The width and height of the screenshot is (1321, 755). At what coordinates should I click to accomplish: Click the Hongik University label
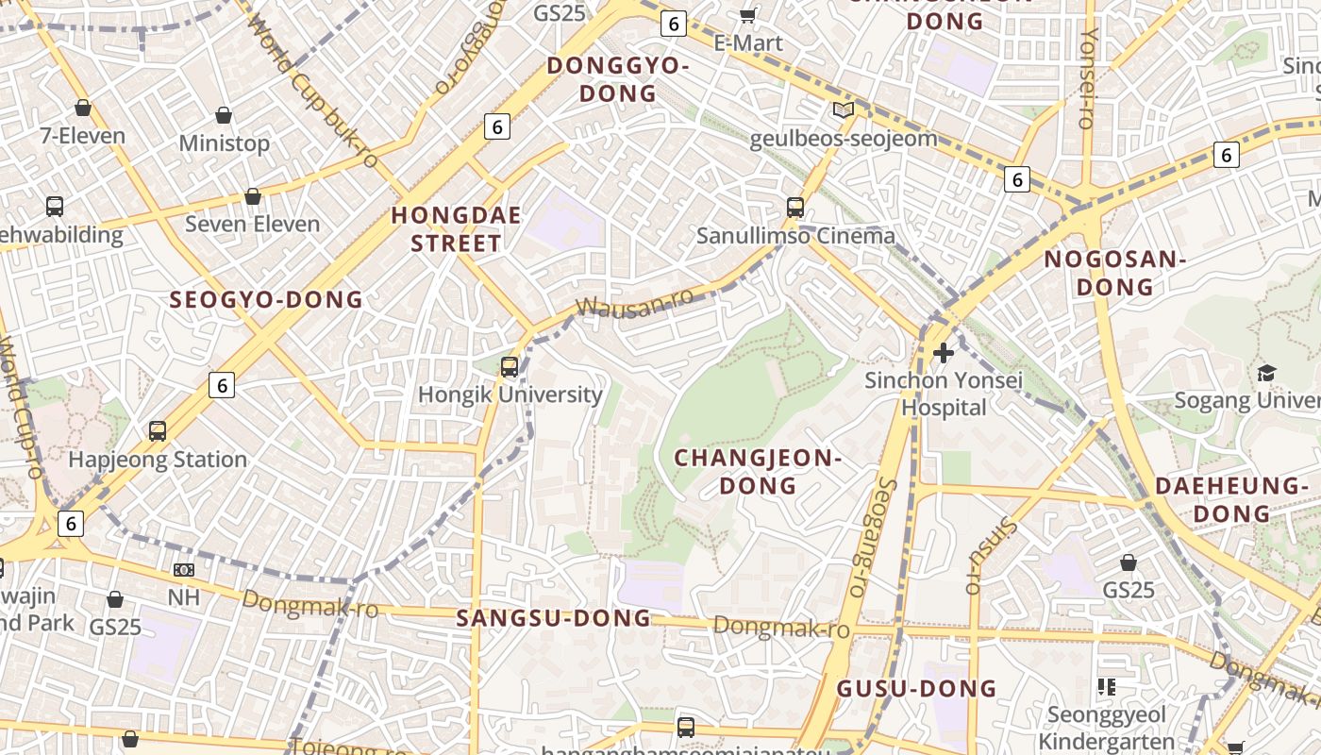[x=510, y=394]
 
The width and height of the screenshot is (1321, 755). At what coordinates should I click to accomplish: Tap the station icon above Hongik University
[x=510, y=366]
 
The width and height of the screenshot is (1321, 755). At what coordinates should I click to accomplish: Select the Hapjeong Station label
[x=158, y=460]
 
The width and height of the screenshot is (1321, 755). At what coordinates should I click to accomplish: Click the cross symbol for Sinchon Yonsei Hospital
[x=943, y=353]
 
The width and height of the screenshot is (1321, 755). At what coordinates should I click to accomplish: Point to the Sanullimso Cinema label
[x=795, y=235]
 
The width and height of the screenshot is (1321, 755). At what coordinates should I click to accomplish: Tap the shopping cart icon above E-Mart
[x=748, y=15]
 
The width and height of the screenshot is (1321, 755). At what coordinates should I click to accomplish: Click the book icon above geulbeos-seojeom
[x=844, y=110]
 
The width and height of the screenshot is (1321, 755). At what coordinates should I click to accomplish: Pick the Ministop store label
[x=225, y=143]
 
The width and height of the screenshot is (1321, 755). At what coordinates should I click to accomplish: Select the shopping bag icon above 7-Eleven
[x=83, y=108]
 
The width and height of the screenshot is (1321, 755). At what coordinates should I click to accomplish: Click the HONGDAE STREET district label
[x=457, y=229]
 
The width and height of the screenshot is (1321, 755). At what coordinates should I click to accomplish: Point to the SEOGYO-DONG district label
[x=266, y=300]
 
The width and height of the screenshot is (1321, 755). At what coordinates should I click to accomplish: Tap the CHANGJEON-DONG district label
[x=758, y=472]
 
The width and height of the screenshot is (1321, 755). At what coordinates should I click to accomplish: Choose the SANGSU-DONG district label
[x=554, y=618]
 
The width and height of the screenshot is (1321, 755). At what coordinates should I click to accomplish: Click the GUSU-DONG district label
[x=917, y=688]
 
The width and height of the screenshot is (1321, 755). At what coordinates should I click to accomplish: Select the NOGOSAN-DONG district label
[x=1114, y=273]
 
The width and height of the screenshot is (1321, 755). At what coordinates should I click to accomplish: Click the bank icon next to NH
[x=184, y=570]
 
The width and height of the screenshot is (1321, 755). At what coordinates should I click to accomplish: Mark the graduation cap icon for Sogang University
[x=1266, y=373]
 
